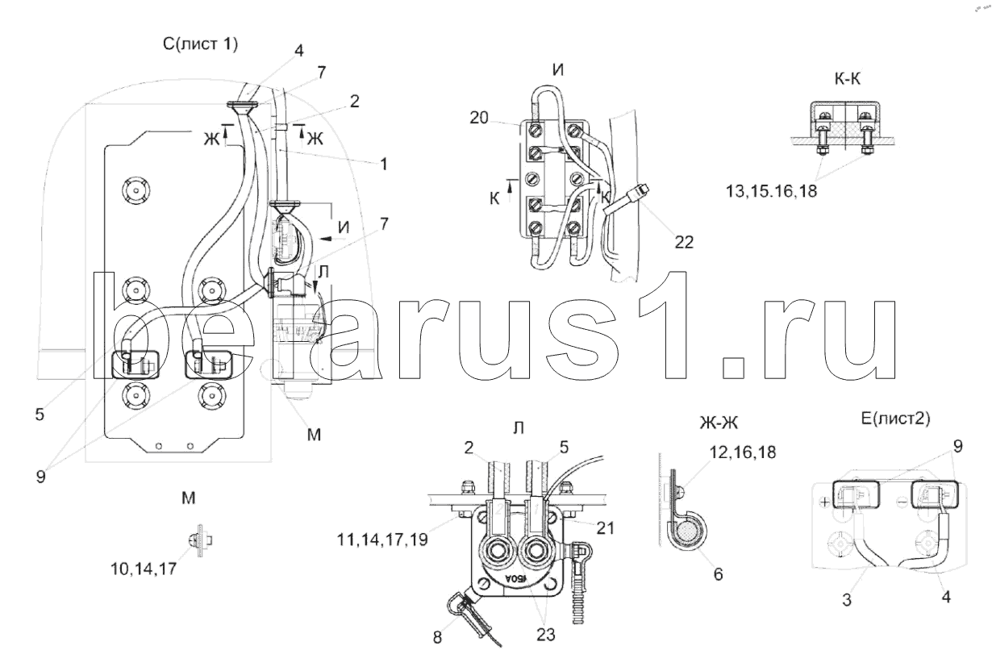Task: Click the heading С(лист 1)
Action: pyautogui.click(x=200, y=44)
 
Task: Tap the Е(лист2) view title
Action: pyautogui.click(x=895, y=419)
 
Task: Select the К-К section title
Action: pyautogui.click(x=847, y=79)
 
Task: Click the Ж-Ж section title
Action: pyautogui.click(x=719, y=423)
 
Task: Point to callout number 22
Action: pyautogui.click(x=684, y=242)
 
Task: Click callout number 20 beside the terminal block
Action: pyautogui.click(x=479, y=118)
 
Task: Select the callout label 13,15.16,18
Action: pyautogui.click(x=771, y=191)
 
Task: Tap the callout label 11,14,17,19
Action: pyautogui.click(x=382, y=540)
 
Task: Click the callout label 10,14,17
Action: pyautogui.click(x=144, y=569)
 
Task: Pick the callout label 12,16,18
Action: pyautogui.click(x=743, y=452)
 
